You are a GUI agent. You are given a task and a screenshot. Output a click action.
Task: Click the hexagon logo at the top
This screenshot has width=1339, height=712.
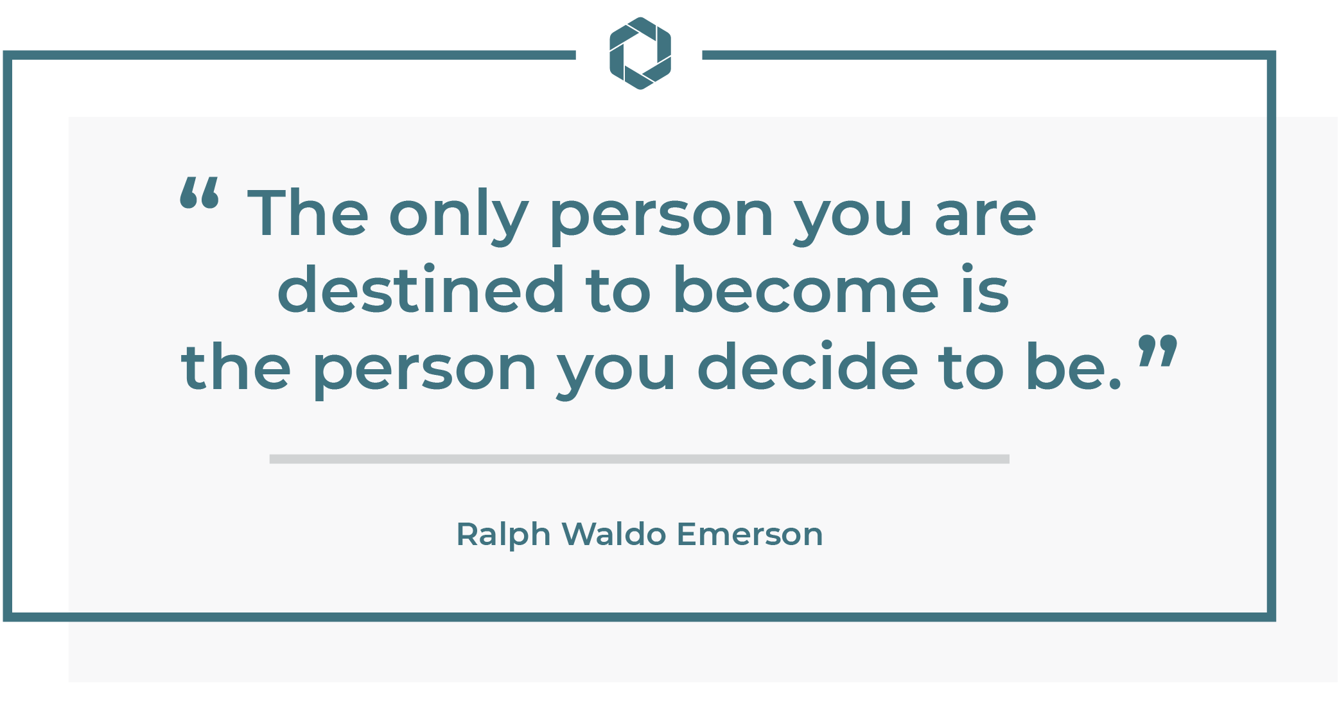tap(640, 53)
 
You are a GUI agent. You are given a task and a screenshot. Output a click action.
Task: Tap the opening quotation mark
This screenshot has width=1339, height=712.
tap(200, 193)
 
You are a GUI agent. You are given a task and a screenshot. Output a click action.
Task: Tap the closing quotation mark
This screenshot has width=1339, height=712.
tap(1158, 351)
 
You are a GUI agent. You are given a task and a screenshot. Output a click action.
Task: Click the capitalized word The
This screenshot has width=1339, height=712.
tap(308, 213)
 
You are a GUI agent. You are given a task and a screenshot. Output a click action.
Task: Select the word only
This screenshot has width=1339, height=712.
tap(459, 216)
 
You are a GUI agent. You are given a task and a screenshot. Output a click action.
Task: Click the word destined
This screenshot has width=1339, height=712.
tap(421, 290)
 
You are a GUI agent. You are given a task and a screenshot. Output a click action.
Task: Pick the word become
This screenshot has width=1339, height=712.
tap(806, 290)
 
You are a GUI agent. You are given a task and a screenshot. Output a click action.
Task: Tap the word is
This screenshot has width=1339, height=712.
tap(986, 290)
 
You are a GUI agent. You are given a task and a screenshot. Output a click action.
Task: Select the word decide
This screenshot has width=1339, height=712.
tap(808, 367)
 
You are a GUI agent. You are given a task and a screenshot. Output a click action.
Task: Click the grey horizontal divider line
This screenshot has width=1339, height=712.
tap(640, 459)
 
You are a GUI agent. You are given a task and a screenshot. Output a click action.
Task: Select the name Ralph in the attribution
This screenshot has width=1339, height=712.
tap(503, 535)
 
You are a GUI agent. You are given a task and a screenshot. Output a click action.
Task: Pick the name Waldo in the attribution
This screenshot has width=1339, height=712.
tap(614, 534)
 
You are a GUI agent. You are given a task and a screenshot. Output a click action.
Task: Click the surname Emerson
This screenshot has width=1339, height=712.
tap(750, 534)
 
